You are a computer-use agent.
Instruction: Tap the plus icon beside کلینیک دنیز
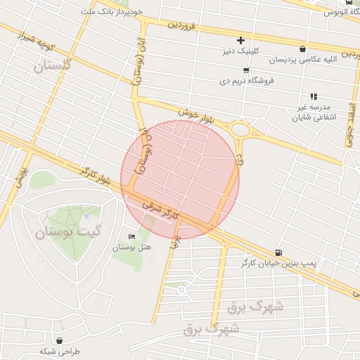240,40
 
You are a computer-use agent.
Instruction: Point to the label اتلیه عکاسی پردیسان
304,60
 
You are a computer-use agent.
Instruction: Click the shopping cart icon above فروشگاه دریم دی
245,70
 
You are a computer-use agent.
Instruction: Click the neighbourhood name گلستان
53,65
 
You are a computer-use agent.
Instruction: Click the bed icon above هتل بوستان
131,236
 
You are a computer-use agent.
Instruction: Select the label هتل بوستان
132,247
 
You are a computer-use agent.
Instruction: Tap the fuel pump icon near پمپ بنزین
280,253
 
